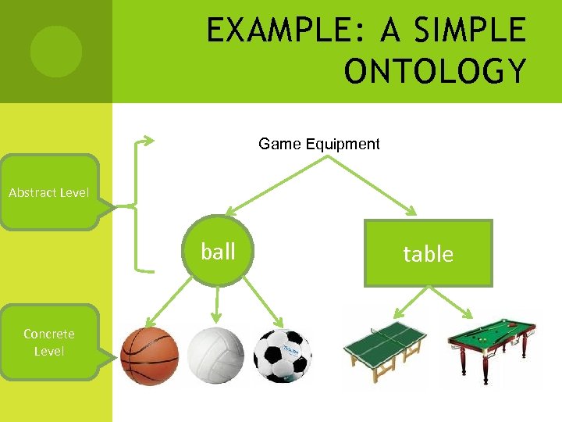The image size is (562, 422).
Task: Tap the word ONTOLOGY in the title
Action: [436, 72]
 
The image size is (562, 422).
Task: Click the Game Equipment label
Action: [318, 144]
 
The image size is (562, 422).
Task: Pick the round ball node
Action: [218, 252]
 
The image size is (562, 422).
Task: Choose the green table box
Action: [428, 253]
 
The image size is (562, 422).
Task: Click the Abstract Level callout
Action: [49, 192]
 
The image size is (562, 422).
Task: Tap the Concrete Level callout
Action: [49, 342]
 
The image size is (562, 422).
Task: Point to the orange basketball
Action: [150, 356]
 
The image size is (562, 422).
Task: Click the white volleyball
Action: [216, 356]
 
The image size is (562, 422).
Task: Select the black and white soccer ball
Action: [283, 356]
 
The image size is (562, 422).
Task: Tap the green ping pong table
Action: [386, 344]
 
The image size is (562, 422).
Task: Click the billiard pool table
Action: [492, 344]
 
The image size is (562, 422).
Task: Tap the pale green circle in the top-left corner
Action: [55, 52]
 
